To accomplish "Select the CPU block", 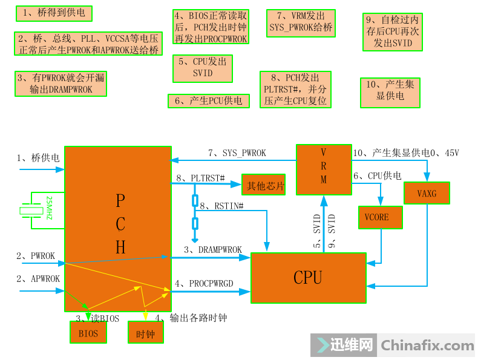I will pyautogui.click(x=308, y=278).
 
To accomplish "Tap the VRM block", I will pyautogui.click(x=323, y=169).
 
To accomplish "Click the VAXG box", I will pyautogui.click(x=427, y=193).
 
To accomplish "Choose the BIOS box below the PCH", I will pyautogui.click(x=88, y=332).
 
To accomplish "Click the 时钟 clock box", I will pyautogui.click(x=145, y=332).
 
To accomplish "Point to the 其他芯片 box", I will pyautogui.click(x=263, y=185).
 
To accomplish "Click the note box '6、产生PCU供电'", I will pyautogui.click(x=208, y=101).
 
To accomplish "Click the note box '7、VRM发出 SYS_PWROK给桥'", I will pyautogui.click(x=301, y=22).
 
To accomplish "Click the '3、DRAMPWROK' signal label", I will pyautogui.click(x=212, y=249).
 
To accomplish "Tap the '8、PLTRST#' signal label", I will pyautogui.click(x=200, y=178).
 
